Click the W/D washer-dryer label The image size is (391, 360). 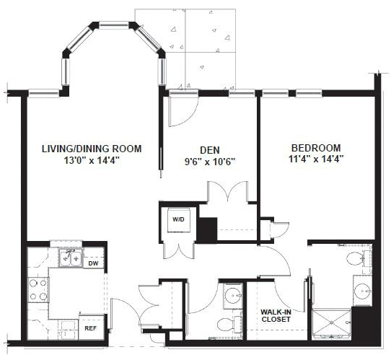[178, 219]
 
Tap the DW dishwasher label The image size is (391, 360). [93, 263]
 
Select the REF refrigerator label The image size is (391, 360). [90, 328]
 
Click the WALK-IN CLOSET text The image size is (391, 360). [276, 315]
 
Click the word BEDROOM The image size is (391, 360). [316, 148]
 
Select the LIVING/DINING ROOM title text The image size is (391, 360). [92, 149]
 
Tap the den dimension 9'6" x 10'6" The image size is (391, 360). [210, 162]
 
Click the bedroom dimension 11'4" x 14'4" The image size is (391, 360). [316, 159]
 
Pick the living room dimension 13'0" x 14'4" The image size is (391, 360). [92, 160]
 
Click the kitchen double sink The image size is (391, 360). [71, 258]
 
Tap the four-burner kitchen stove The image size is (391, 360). [38, 290]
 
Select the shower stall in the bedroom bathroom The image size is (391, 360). [332, 323]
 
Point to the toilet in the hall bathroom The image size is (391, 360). [229, 324]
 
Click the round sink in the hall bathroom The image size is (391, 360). [233, 296]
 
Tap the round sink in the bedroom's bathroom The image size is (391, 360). [363, 291]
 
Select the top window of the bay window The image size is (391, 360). [114, 25]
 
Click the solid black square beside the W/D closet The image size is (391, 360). [208, 229]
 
